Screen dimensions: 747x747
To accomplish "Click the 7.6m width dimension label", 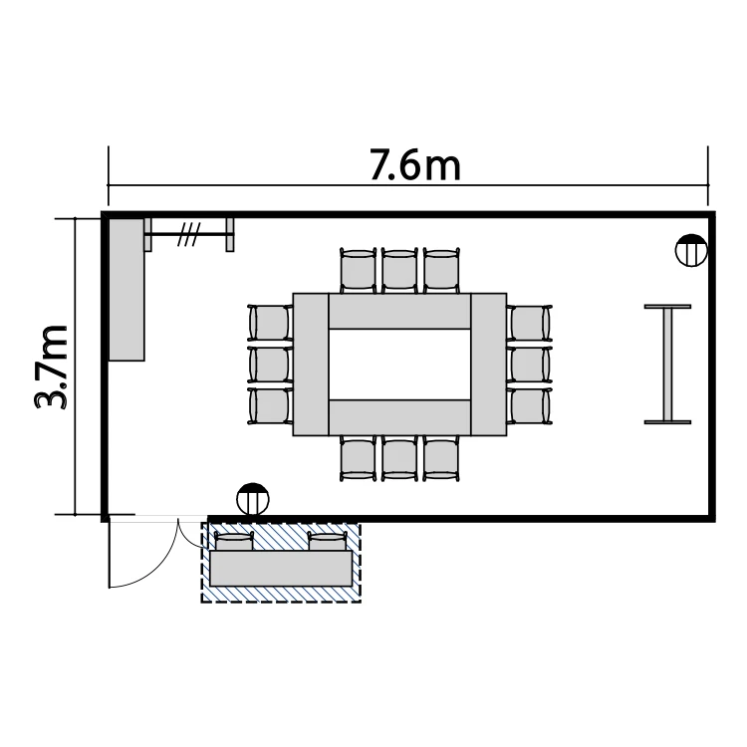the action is (x=415, y=165).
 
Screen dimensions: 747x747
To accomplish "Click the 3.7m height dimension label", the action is (x=51, y=367).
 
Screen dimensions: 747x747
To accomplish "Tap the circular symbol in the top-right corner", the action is (x=691, y=251).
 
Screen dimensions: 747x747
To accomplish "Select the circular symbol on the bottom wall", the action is (x=253, y=499).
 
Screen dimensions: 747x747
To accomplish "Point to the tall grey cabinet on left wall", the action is (x=126, y=289).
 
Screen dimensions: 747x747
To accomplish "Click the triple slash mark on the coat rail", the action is (x=188, y=234).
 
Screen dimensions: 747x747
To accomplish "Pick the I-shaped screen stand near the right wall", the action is (x=667, y=365).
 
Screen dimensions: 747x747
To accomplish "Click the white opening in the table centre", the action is (x=399, y=365).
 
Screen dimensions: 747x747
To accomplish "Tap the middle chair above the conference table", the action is (x=399, y=270).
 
